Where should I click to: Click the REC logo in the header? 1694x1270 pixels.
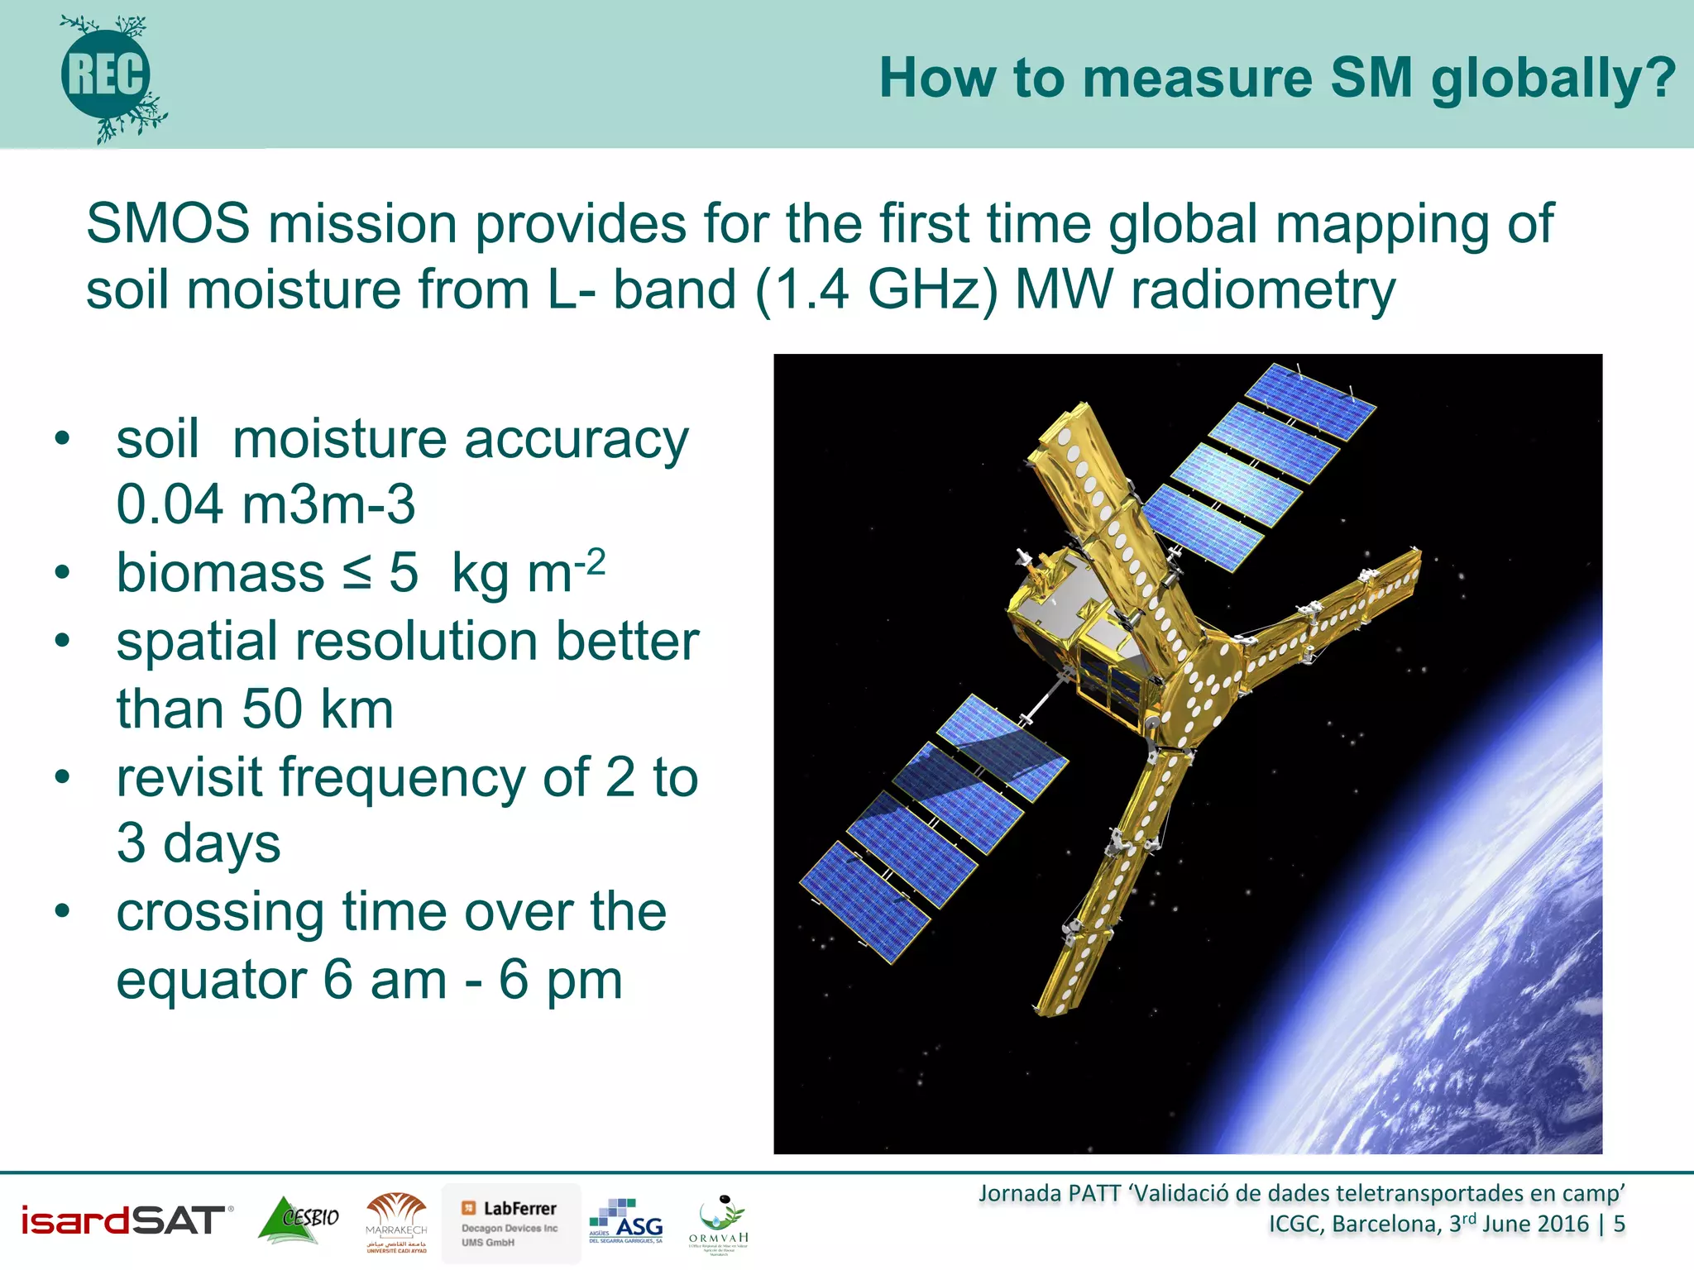(x=107, y=76)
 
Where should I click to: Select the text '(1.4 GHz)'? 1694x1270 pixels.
(x=876, y=290)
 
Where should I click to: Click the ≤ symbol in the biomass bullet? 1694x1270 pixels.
(x=357, y=572)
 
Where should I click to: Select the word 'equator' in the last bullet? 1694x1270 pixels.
(x=212, y=981)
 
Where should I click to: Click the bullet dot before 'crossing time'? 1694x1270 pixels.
(x=62, y=911)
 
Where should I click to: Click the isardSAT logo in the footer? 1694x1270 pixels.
(x=125, y=1220)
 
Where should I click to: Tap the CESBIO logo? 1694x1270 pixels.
(x=299, y=1220)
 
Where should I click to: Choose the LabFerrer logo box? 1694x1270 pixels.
(x=510, y=1223)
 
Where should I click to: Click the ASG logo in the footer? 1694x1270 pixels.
(x=626, y=1221)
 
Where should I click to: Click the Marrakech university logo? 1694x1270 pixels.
(x=396, y=1223)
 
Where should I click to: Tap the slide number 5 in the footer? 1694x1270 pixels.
(x=1619, y=1224)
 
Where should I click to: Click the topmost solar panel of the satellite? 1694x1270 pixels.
(x=1310, y=401)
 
